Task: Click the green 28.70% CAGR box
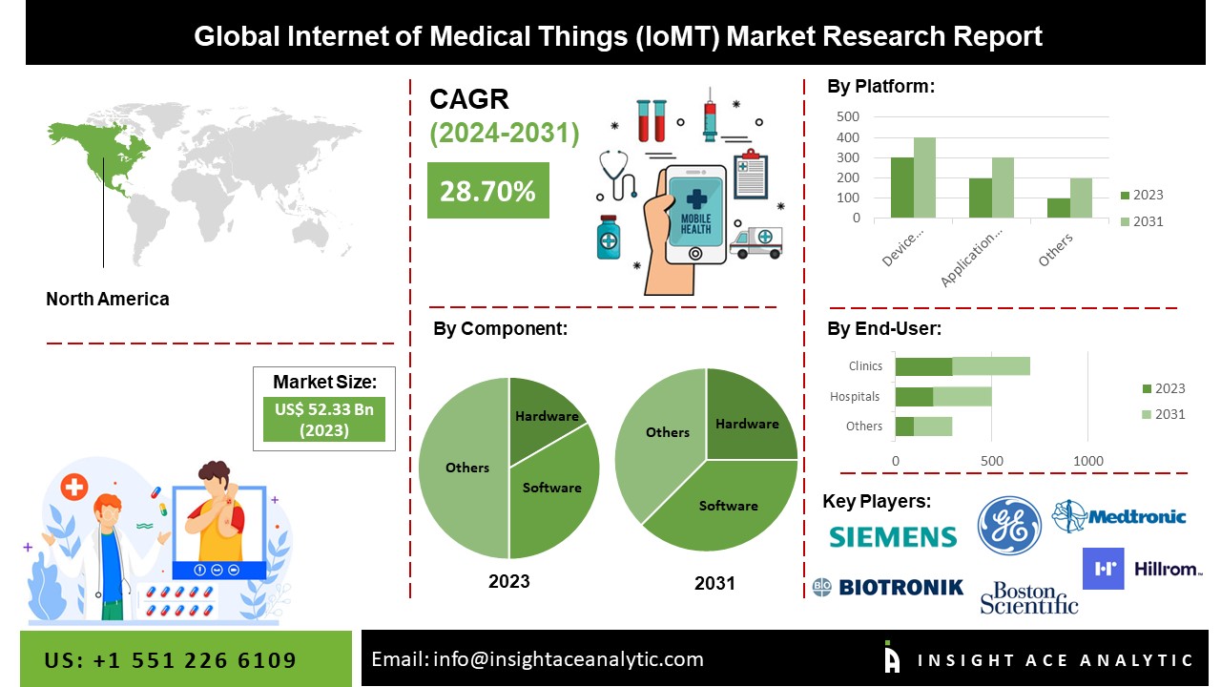point(487,191)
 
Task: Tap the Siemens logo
point(892,536)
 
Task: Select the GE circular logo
point(1009,525)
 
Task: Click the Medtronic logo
point(1119,516)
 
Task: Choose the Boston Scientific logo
point(1028,597)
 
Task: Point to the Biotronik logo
point(887,587)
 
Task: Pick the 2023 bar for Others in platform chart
point(1057,207)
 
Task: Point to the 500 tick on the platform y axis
point(847,116)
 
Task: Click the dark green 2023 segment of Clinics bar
point(923,366)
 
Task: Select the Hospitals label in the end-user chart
point(855,396)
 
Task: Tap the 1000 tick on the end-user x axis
point(1088,461)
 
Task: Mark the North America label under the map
point(108,299)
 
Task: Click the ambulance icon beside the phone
point(755,241)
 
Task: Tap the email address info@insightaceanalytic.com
point(537,659)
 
